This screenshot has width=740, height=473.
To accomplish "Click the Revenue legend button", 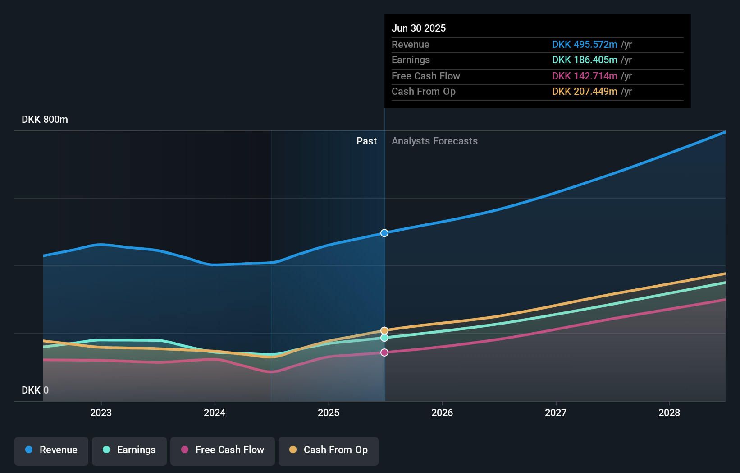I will (51, 450).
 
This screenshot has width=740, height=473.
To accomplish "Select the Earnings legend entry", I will (129, 450).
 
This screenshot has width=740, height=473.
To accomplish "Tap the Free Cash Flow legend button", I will (223, 450).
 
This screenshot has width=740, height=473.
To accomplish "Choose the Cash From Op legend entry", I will (329, 450).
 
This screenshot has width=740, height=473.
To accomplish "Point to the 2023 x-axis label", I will (101, 413).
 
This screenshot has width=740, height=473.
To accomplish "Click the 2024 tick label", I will (215, 413).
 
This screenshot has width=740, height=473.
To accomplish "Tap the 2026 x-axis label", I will (442, 413).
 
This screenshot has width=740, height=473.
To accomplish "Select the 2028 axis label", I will (669, 413).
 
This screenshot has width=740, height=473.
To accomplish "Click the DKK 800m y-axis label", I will (45, 120).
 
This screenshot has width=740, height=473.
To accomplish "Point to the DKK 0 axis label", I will (35, 390).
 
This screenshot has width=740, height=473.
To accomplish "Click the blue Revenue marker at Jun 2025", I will (384, 233).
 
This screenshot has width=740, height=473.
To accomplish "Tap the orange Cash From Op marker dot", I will (384, 330).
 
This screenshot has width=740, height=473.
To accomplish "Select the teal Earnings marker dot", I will (384, 338).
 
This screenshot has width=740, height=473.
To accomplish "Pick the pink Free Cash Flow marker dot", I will (384, 352).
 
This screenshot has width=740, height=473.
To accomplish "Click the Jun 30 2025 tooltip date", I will (419, 28).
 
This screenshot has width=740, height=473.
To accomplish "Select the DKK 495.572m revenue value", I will (585, 45).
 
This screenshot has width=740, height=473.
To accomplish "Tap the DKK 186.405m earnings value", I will (585, 60).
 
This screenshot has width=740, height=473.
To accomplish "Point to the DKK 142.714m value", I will (585, 76).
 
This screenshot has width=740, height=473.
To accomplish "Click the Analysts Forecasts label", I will (434, 141).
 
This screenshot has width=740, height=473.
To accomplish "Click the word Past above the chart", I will (366, 141).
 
